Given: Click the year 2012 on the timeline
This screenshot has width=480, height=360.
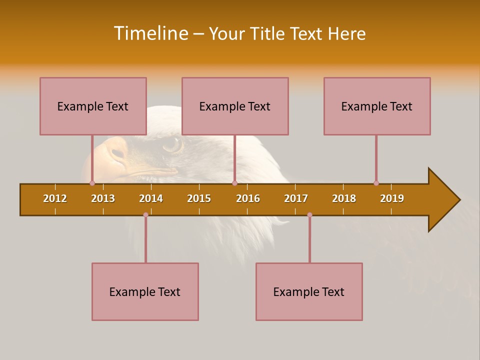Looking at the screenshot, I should tap(55, 198).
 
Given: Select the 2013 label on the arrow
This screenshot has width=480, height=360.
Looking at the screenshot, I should tap(103, 198).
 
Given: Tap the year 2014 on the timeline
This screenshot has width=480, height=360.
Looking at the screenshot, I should tap(151, 198).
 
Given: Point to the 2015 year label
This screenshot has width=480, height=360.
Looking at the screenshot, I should tap(199, 198).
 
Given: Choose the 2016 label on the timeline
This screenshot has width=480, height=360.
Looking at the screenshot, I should tap(248, 198).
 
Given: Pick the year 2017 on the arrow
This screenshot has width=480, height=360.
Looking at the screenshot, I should tap(296, 198).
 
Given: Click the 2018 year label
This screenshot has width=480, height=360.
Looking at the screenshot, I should tap(344, 198).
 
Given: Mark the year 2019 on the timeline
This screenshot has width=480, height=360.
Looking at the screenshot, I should tap(392, 198).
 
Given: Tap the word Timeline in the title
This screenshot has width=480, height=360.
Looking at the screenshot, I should tap(150, 33).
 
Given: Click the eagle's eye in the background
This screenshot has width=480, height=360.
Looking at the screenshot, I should tap(172, 144).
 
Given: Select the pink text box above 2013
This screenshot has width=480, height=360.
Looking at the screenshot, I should tap(93, 106).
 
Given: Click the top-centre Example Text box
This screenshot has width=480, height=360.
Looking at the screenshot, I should tap(235, 106).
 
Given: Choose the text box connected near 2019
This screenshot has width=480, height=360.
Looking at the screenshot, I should tap(377, 106).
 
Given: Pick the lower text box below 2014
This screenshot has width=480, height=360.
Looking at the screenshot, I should tap(145, 291).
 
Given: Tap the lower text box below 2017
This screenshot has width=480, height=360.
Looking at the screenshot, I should tap(309, 291).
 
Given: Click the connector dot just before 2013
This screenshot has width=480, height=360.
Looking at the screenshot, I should tap(92, 183).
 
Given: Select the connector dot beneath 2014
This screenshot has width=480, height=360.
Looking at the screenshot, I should tap(145, 214).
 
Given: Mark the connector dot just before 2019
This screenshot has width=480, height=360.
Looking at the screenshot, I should tap(376, 183).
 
